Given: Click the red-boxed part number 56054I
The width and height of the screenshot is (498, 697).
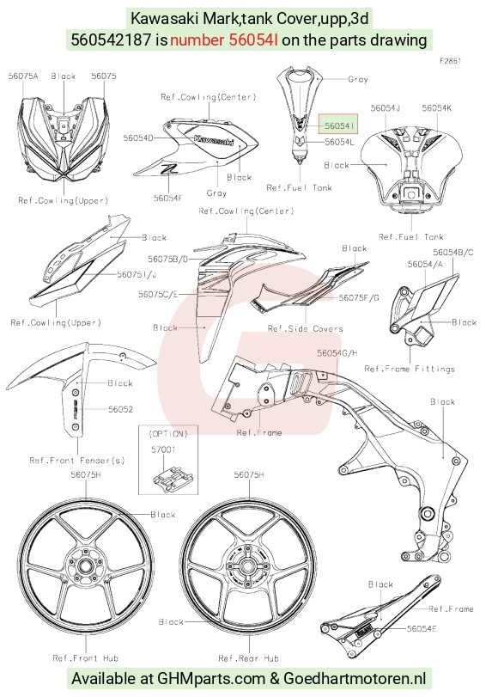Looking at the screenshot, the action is [x=339, y=125].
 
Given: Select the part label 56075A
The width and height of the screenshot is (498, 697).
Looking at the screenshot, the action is [x=23, y=76].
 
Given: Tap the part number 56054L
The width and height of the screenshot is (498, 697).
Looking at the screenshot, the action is [x=340, y=142].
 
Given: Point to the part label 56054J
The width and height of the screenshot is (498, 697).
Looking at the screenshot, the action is [x=386, y=108].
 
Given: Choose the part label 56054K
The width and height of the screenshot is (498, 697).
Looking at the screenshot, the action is [x=437, y=108].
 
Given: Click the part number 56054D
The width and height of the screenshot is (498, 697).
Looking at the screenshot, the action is [x=138, y=138].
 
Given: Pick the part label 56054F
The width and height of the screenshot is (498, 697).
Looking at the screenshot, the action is [x=168, y=199].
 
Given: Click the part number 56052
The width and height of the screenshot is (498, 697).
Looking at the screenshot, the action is [x=121, y=409].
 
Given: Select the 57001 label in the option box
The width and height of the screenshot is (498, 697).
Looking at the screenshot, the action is [x=163, y=449].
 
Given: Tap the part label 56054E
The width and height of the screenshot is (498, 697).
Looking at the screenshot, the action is [x=422, y=628].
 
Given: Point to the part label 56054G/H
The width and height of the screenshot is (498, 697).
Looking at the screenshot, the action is [x=337, y=353].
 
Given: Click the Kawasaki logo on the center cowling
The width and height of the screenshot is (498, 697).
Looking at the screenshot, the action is [x=214, y=139].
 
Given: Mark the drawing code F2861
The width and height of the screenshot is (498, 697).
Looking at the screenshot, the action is [x=451, y=61].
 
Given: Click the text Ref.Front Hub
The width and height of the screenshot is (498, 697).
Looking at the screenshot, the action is [x=85, y=657].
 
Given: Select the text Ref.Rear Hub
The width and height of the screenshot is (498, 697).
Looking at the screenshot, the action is [x=248, y=657].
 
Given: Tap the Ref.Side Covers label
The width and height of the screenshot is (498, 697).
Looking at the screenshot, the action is [x=305, y=328].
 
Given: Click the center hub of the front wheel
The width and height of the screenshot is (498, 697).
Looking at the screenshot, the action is [x=85, y=566].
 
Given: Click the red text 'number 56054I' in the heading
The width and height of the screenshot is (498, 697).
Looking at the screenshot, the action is [x=224, y=40].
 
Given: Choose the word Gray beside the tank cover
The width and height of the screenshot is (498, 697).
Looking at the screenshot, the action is [x=358, y=79].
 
